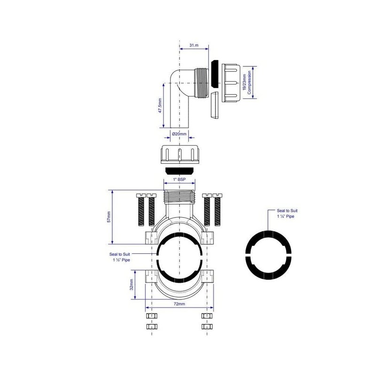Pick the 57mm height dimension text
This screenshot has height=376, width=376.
(109, 217)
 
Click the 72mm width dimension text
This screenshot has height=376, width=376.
(179, 305)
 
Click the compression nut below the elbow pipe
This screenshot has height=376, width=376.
(179, 154)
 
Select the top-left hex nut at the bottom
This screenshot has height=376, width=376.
(151, 316)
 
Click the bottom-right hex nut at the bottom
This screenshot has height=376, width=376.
(206, 326)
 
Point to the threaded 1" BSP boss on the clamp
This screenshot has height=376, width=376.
(179, 196)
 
